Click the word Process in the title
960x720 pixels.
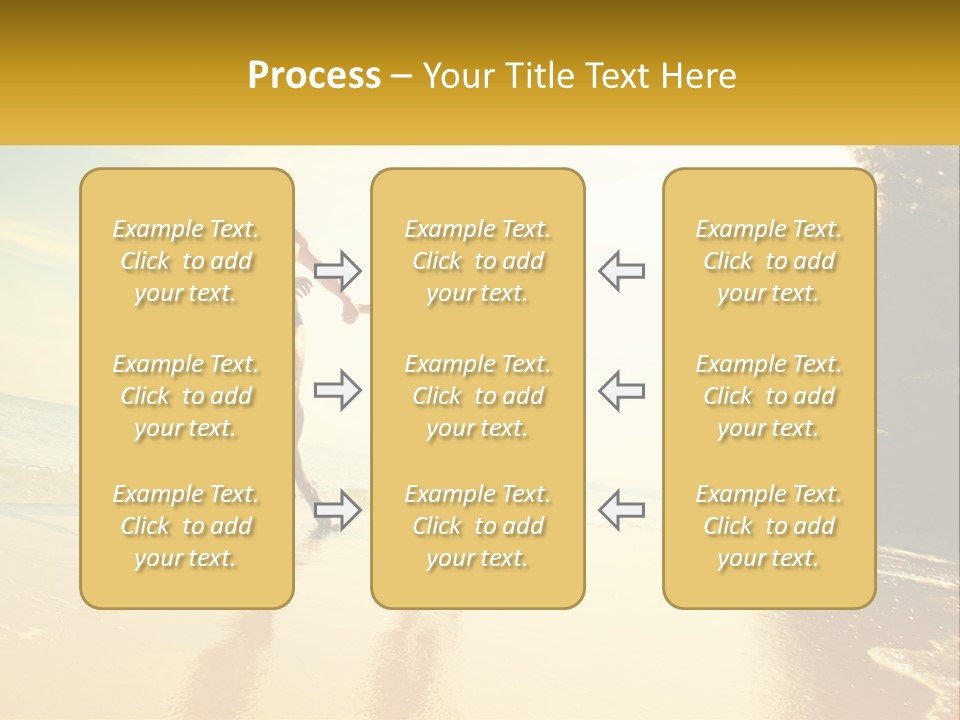(x=314, y=76)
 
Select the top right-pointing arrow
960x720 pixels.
(x=338, y=270)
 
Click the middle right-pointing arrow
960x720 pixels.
(x=338, y=390)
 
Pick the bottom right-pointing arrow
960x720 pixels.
(x=338, y=509)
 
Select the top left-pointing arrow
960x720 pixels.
(x=621, y=270)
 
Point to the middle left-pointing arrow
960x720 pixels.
(x=621, y=390)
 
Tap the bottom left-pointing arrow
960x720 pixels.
(x=621, y=509)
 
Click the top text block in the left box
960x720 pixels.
(x=186, y=261)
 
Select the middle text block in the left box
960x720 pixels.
(x=186, y=396)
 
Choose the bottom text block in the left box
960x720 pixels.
(x=186, y=526)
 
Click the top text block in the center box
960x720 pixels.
(x=478, y=261)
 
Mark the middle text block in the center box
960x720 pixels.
(x=478, y=396)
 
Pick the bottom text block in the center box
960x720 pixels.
(x=478, y=526)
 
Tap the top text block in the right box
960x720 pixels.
(x=769, y=261)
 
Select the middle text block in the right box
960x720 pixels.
(x=769, y=396)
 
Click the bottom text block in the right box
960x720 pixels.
(x=769, y=526)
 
